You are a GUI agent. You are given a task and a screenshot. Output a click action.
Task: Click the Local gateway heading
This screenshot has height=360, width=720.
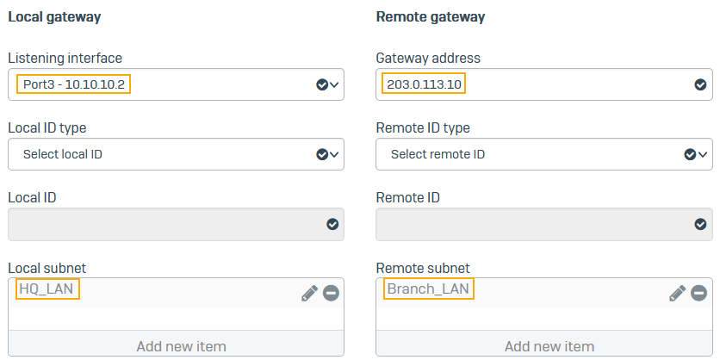(x=54, y=17)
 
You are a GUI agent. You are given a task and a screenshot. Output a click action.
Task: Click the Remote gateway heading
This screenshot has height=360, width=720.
(x=431, y=17)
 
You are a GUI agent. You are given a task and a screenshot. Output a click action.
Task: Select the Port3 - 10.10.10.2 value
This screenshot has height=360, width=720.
(x=73, y=84)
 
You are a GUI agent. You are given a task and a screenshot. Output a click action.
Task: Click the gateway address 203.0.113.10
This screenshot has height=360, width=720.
(x=424, y=84)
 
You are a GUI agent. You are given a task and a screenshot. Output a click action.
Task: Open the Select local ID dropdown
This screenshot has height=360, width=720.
(x=176, y=154)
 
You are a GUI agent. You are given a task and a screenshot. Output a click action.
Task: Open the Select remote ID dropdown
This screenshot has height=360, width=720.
(x=544, y=154)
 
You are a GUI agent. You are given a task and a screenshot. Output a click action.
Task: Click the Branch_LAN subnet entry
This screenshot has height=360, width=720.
(x=428, y=289)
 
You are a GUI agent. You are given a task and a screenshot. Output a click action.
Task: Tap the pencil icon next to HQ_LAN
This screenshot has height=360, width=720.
(x=309, y=293)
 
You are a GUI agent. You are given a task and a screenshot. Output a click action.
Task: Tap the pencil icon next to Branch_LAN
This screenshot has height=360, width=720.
(x=678, y=293)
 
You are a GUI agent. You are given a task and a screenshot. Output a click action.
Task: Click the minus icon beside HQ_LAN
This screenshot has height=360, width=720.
(x=331, y=293)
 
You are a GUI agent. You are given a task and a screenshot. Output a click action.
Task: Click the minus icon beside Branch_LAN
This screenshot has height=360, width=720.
(x=699, y=293)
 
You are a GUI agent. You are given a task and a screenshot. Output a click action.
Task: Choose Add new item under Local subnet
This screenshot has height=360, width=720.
(x=181, y=345)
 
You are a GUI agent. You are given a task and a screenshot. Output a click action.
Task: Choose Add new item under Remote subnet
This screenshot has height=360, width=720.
(x=549, y=345)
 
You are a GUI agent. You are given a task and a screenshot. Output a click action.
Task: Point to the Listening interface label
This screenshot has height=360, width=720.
(x=65, y=59)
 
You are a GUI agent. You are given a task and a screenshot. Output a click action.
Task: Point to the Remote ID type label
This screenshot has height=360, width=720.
(x=423, y=127)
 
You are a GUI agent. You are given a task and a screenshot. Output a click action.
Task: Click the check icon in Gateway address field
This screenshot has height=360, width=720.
(x=700, y=84)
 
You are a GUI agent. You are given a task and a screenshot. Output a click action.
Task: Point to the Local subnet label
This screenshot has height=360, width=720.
(x=47, y=268)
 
